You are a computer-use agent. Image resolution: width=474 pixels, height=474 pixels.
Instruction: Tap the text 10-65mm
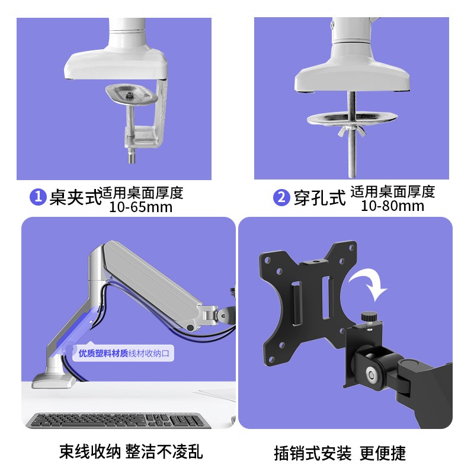(140, 207)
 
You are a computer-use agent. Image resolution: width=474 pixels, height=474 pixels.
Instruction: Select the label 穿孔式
(319, 198)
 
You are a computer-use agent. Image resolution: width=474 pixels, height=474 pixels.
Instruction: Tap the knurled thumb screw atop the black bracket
(370, 317)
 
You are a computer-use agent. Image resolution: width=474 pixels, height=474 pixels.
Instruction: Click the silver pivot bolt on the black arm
(371, 374)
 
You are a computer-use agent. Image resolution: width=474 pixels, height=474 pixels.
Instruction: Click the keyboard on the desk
(118, 420)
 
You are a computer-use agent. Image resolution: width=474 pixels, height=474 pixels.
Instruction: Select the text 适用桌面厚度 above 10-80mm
(392, 191)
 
